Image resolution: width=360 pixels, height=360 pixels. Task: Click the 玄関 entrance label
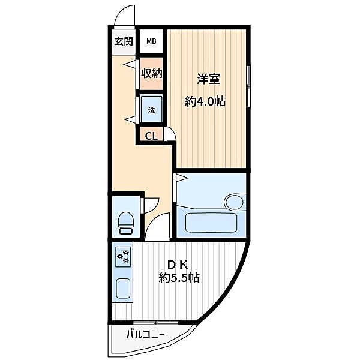tap(124, 41)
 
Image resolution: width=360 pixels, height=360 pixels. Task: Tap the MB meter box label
tap(152, 41)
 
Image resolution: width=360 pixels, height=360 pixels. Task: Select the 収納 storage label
tap(152, 73)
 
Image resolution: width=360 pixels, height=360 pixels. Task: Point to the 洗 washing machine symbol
tap(151, 110)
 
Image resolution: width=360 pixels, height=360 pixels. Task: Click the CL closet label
tap(152, 136)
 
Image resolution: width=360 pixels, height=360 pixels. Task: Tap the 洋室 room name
tap(208, 79)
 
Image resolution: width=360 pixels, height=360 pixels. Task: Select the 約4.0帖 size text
tap(205, 101)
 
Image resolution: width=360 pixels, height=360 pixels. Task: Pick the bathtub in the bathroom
tap(211, 223)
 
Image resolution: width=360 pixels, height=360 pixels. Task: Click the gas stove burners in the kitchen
tap(123, 257)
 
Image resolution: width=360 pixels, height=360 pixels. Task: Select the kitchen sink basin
tap(123, 289)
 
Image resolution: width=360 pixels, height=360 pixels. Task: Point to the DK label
tap(178, 265)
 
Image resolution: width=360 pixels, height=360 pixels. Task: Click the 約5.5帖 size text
tap(179, 278)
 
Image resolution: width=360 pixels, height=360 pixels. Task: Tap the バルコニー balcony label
tap(146, 335)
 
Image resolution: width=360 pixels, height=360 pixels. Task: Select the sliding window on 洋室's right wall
tap(248, 86)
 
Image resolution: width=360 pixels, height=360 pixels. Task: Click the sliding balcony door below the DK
tap(155, 323)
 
